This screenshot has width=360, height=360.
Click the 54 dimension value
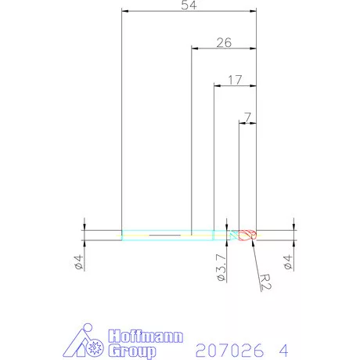point(189,5)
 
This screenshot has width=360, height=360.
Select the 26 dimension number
point(224,42)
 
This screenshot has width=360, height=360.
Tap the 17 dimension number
point(235,80)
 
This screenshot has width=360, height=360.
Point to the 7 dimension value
point(248,117)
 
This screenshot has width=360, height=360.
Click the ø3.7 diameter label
point(221,268)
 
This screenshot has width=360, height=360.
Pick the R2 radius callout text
point(265,282)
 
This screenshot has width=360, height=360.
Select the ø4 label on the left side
point(78,262)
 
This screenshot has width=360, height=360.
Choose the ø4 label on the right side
point(288,262)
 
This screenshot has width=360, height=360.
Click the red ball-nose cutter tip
point(248,235)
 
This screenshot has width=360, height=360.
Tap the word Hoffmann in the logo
point(146,337)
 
